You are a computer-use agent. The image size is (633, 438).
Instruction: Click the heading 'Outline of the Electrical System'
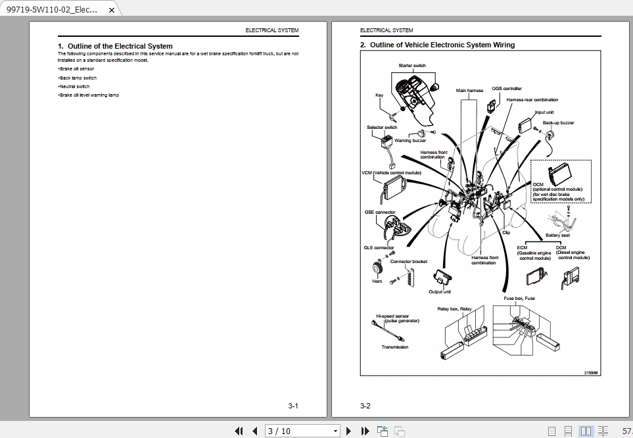pos(115,46)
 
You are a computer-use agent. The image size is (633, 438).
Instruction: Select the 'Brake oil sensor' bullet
pos(77,68)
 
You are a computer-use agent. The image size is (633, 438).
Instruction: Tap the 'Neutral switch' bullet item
pos(74,86)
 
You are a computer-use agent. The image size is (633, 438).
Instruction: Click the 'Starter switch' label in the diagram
pos(412,66)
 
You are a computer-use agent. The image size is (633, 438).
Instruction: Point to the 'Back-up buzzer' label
pos(558,123)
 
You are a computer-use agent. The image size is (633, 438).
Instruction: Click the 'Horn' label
pos(377,281)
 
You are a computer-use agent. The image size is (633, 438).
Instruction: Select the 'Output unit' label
pos(440,292)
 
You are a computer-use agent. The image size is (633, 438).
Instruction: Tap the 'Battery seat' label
pos(558,235)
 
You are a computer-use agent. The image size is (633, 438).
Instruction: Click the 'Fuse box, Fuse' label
pos(519,299)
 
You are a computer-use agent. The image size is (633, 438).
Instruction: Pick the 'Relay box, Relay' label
pos(455,308)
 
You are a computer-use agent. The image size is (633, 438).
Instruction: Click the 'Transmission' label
pos(395,347)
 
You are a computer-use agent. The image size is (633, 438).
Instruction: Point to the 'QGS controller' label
pos(507,89)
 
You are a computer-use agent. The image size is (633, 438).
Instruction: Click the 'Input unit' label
pos(544,112)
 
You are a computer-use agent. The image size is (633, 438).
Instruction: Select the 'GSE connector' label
pos(380,212)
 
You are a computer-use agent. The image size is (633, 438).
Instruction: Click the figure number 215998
pos(590,372)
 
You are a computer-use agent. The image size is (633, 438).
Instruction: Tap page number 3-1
pos(293,406)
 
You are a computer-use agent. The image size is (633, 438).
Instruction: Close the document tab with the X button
pos(111,11)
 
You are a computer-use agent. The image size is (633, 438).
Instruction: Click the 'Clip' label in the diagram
pos(506,232)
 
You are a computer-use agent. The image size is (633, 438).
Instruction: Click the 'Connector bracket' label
pos(409,262)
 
